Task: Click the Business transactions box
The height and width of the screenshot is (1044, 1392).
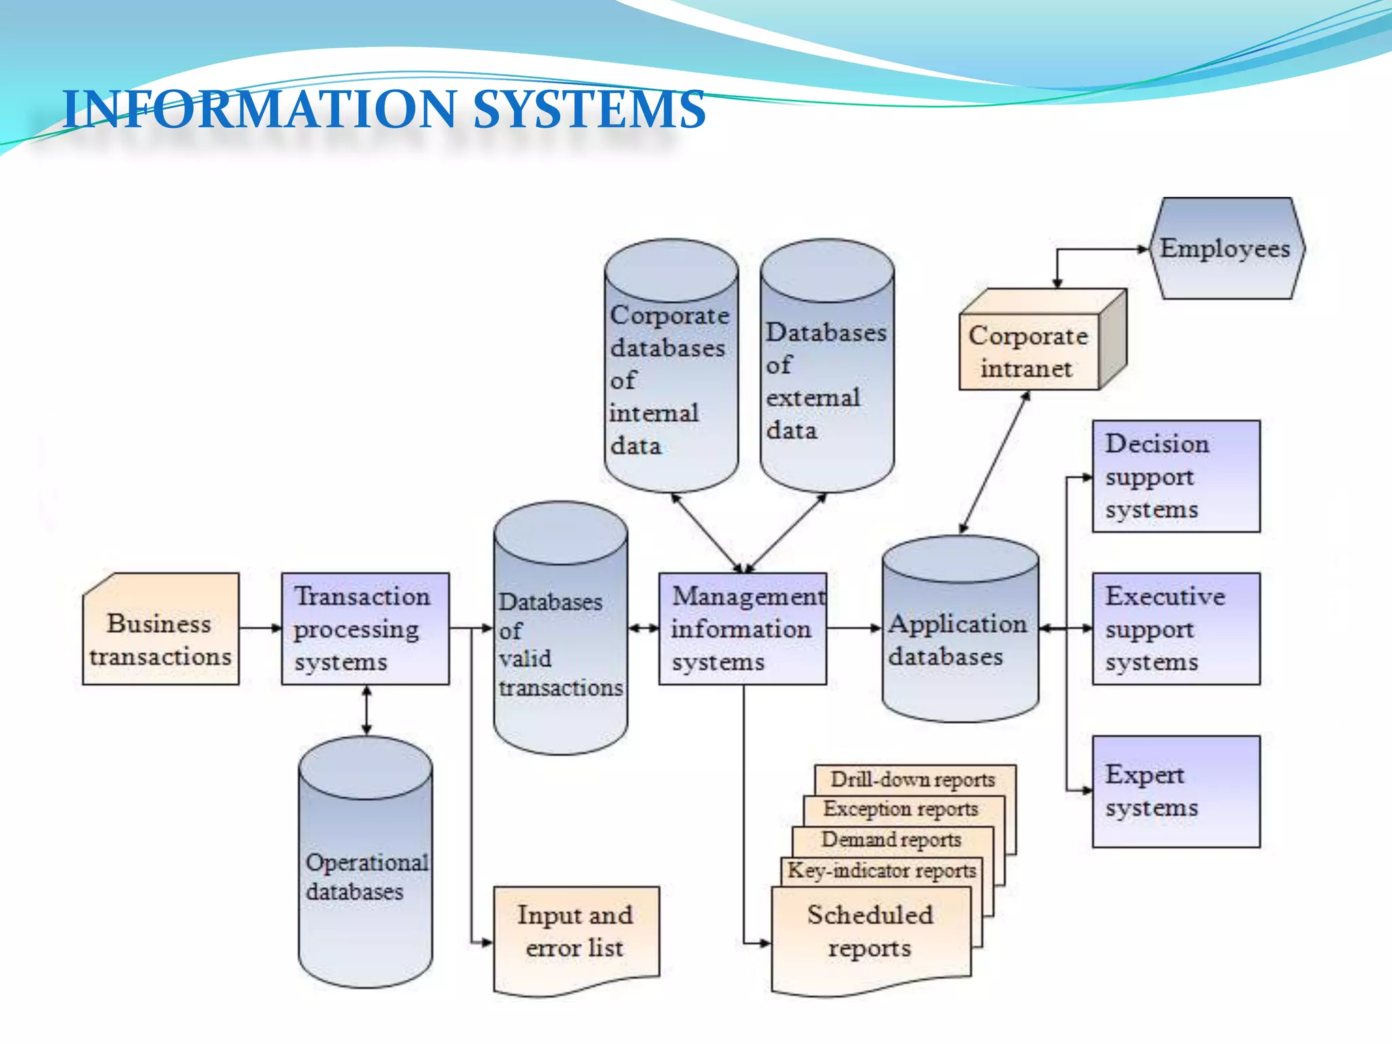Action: click(160, 629)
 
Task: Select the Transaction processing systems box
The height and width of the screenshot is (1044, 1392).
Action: click(365, 629)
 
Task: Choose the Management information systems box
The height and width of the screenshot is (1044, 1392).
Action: click(742, 629)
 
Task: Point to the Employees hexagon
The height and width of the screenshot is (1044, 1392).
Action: click(1225, 249)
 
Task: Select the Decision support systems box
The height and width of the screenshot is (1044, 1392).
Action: click(1176, 476)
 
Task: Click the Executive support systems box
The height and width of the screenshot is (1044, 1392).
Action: click(1176, 629)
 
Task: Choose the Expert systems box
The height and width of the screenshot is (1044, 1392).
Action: click(1176, 791)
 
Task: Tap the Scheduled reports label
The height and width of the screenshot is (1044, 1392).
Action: click(870, 931)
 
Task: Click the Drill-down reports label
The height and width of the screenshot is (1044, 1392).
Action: click(913, 779)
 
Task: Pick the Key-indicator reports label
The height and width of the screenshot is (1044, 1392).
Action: click(882, 870)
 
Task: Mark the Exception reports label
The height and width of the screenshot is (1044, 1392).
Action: click(901, 809)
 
